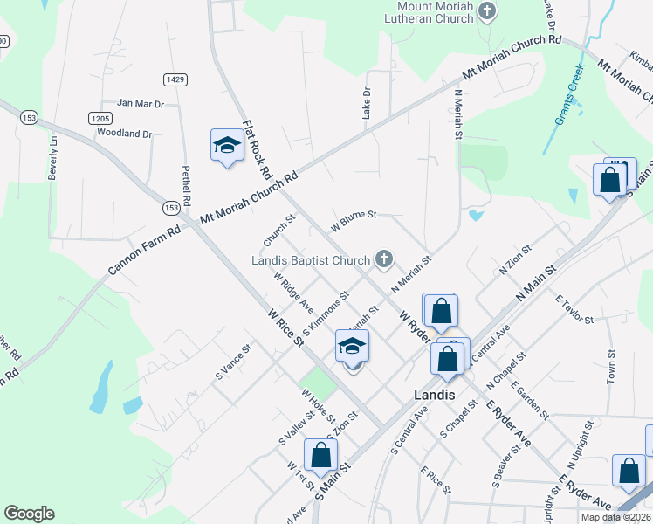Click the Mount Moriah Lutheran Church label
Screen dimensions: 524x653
[430, 12]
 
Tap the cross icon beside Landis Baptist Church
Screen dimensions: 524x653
[382, 258]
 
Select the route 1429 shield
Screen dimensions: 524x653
[175, 79]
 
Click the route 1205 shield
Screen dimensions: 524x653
[100, 118]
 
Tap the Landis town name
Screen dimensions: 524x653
[434, 395]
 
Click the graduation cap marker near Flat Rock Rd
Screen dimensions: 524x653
[227, 145]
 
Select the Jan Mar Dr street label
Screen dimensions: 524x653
[141, 104]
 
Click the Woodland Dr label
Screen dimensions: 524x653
[124, 134]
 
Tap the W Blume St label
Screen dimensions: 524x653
[353, 220]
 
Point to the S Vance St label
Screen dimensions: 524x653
[233, 361]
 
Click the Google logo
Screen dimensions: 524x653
[29, 514]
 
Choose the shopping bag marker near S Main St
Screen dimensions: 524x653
[320, 454]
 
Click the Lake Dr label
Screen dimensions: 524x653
[367, 102]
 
